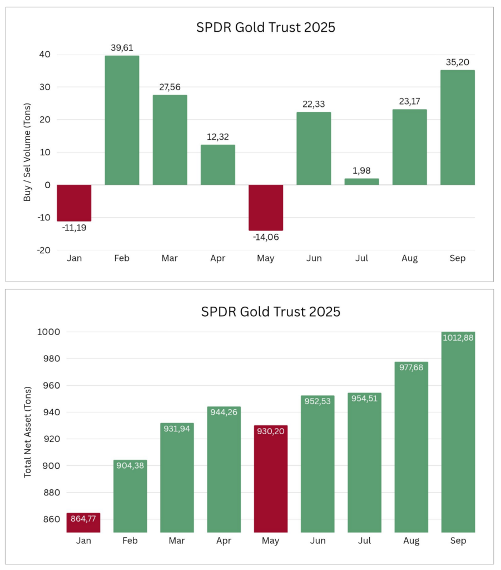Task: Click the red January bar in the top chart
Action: (74, 203)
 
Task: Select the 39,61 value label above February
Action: (122, 48)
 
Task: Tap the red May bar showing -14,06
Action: (265, 207)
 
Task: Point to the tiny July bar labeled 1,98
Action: (361, 181)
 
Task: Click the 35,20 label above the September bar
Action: (457, 62)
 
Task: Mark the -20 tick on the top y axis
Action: (43, 250)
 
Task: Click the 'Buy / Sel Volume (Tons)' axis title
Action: (27, 153)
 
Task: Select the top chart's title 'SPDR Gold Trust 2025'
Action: (266, 27)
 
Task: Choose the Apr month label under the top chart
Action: (217, 259)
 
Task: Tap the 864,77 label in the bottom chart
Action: (84, 519)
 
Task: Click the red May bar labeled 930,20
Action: (271, 479)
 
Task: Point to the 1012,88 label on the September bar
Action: (458, 338)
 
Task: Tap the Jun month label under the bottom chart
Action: (317, 541)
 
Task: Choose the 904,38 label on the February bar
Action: (130, 466)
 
